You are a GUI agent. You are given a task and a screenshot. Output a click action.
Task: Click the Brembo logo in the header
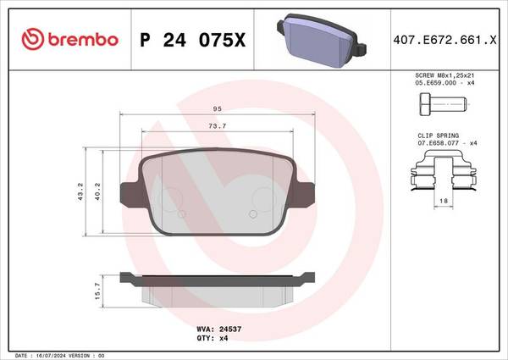point(69,39)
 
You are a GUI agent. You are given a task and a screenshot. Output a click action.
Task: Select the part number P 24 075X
point(193,40)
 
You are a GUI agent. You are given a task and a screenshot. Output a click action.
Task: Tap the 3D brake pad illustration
point(322,40)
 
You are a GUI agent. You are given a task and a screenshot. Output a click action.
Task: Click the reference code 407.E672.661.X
point(444,40)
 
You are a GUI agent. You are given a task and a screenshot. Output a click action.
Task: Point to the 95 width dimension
point(218,109)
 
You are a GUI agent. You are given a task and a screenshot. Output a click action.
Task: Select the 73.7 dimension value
point(218,126)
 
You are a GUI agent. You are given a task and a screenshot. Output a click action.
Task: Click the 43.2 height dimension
point(80,191)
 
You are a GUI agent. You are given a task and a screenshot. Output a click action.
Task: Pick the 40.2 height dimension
point(97,191)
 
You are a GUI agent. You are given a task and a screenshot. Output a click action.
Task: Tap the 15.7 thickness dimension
point(98,291)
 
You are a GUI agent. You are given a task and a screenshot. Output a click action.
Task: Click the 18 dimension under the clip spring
point(444,201)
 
